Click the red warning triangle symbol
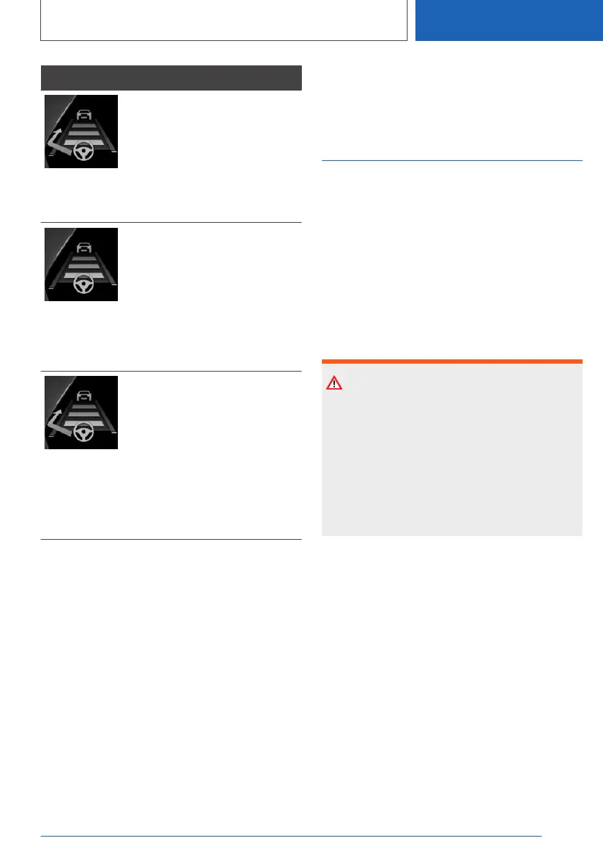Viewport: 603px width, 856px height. point(334,383)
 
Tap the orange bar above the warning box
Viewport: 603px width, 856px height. point(451,362)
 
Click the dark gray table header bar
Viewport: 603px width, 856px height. point(171,78)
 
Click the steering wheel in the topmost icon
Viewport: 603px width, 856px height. point(84,152)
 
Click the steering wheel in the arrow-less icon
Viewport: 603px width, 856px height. point(84,285)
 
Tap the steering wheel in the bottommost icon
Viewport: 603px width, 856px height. point(84,434)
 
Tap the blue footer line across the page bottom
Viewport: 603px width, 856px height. point(290,836)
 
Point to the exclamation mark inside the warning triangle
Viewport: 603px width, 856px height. point(334,385)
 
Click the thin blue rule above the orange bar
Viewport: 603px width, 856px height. point(451,161)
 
